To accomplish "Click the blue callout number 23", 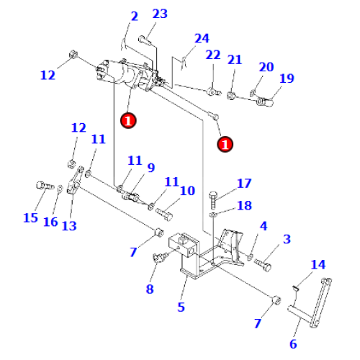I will tap(160, 14).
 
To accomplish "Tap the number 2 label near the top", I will tap(133, 17).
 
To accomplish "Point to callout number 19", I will tap(287, 78).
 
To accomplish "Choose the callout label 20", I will tap(266, 67).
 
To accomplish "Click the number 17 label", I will tap(244, 183).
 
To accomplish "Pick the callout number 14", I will tap(318, 264).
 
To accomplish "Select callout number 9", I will tap(150, 168).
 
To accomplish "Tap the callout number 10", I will tap(187, 191).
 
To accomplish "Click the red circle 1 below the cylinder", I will tap(128, 120).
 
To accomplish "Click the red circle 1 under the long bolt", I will tap(225, 144).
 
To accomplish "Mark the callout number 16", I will tap(50, 222).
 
